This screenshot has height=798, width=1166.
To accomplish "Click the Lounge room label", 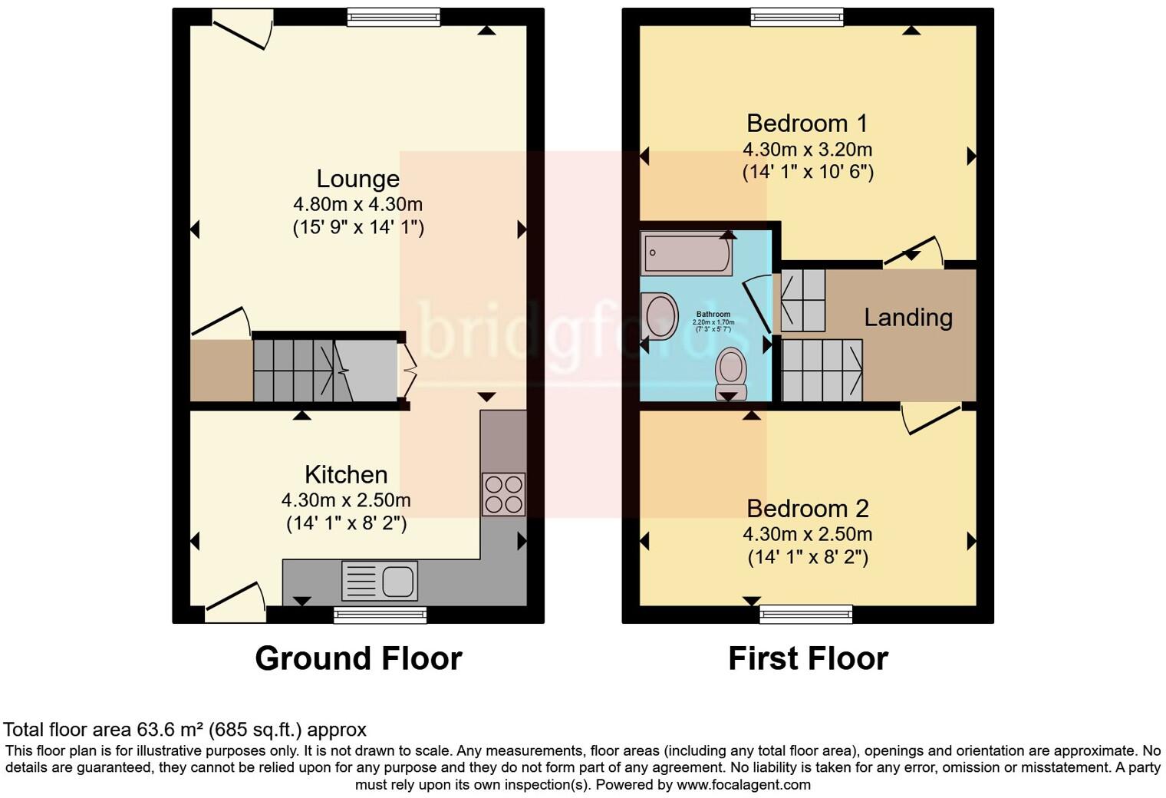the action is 357,179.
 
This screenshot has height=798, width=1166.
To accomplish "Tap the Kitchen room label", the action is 346,474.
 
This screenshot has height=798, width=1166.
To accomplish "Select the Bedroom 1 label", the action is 807,123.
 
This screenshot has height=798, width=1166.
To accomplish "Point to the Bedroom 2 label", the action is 807,508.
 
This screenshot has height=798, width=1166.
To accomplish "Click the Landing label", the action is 908,317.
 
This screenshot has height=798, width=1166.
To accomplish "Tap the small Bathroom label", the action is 713,315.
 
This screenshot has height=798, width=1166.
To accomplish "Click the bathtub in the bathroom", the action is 687,254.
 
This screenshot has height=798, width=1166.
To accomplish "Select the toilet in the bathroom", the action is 730,373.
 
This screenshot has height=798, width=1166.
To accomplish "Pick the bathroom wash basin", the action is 660,315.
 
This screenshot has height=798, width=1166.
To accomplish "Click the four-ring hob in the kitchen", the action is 504,493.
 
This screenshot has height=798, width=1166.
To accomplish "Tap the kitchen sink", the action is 380,580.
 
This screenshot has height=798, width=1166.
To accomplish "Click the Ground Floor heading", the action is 358,658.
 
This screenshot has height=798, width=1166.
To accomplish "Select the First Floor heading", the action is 808,658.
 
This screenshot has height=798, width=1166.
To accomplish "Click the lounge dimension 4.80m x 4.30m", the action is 357,204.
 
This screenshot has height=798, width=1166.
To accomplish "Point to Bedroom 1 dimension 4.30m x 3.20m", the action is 807,149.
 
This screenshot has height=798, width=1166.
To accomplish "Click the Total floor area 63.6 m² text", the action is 185,729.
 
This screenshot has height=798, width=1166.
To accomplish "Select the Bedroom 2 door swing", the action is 930,418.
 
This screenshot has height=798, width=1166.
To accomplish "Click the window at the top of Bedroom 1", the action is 796,17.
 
